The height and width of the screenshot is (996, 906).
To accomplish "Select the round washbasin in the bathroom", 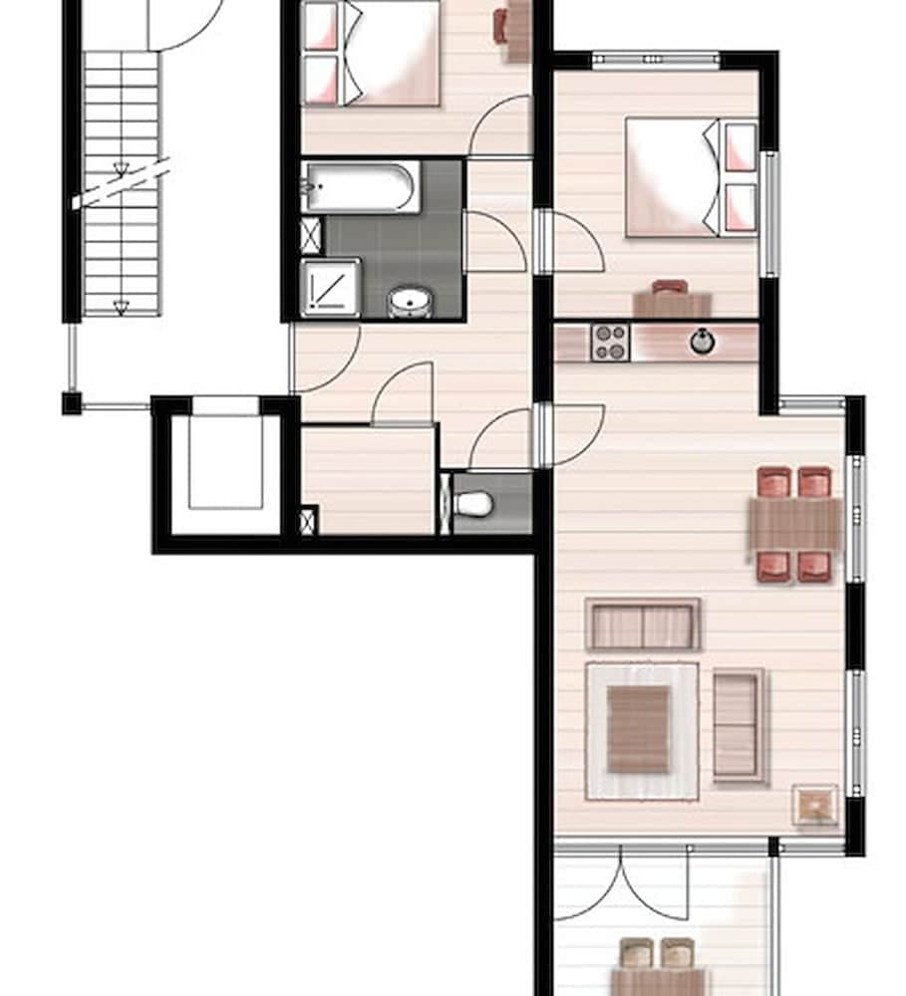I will pos(407,301).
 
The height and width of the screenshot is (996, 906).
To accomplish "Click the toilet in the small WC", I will pos(472,504).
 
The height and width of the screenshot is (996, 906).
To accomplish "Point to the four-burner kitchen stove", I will pos(609,343).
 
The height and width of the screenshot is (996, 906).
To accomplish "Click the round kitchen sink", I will pos(704,342).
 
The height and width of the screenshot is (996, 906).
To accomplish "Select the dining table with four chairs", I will pos(795,524).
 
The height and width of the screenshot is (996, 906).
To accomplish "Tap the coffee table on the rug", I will pos(638,730).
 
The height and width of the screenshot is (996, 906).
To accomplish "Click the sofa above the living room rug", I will pos(643,625).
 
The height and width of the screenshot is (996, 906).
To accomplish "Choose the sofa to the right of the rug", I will pos(739,724).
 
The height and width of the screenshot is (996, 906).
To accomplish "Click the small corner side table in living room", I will pos(815,805).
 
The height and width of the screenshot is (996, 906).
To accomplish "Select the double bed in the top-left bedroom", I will pos(384,52).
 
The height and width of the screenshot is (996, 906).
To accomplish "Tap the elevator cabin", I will pos(225,463).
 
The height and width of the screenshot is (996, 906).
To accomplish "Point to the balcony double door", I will pos(620,882).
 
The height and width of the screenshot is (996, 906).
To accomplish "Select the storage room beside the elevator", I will pos(368,479).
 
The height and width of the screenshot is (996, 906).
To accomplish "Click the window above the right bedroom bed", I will pos(655,60).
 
